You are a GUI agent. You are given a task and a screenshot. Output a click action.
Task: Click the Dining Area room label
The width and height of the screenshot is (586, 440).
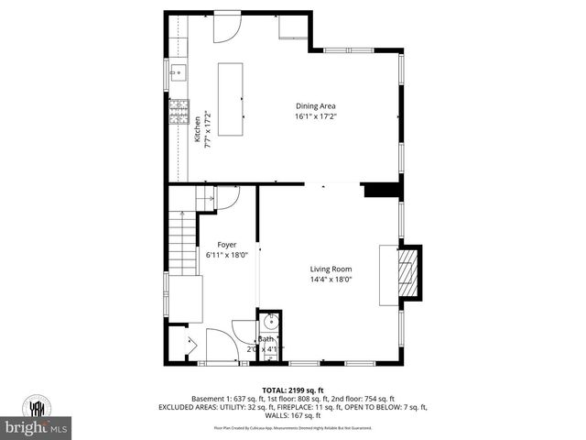[x=314, y=105]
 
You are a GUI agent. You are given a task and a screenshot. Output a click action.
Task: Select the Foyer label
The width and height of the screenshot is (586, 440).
[x=227, y=245]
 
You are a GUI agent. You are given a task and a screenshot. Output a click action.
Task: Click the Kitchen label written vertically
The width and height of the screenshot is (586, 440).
[x=197, y=127]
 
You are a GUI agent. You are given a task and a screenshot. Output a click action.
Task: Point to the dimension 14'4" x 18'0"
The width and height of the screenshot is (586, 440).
[x=331, y=280]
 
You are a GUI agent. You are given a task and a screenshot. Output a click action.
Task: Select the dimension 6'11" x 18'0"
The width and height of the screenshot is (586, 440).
[x=227, y=256]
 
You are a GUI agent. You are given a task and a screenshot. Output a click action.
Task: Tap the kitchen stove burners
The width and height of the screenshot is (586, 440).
[x=177, y=112]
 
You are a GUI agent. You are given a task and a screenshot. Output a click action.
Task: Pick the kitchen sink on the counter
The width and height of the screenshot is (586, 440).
[x=178, y=71]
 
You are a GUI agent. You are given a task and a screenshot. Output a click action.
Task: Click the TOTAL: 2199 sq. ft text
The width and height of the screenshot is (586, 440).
[x=292, y=390]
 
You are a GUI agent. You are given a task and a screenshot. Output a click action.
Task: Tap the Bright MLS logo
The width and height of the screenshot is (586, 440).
[x=37, y=428]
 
